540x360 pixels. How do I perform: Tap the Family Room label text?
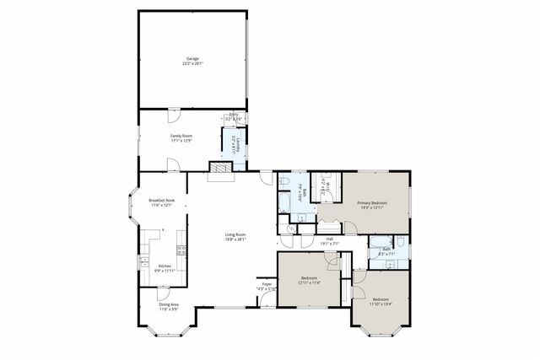pyautogui.click(x=182, y=135)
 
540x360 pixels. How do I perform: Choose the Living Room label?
pyautogui.click(x=235, y=234)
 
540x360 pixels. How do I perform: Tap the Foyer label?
pyautogui.click(x=267, y=285)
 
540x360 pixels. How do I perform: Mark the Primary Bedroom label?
pyautogui.click(x=371, y=202)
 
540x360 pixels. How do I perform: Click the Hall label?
pyautogui.click(x=329, y=239)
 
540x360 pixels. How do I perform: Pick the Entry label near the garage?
pyautogui.click(x=234, y=116)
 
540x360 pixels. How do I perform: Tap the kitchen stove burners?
pyautogui.click(x=181, y=250)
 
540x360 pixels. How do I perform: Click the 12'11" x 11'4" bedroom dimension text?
pyautogui.click(x=309, y=283)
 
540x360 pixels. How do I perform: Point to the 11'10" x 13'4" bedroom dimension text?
pyautogui.click(x=381, y=304)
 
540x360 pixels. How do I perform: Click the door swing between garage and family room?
pyautogui.click(x=174, y=115)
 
